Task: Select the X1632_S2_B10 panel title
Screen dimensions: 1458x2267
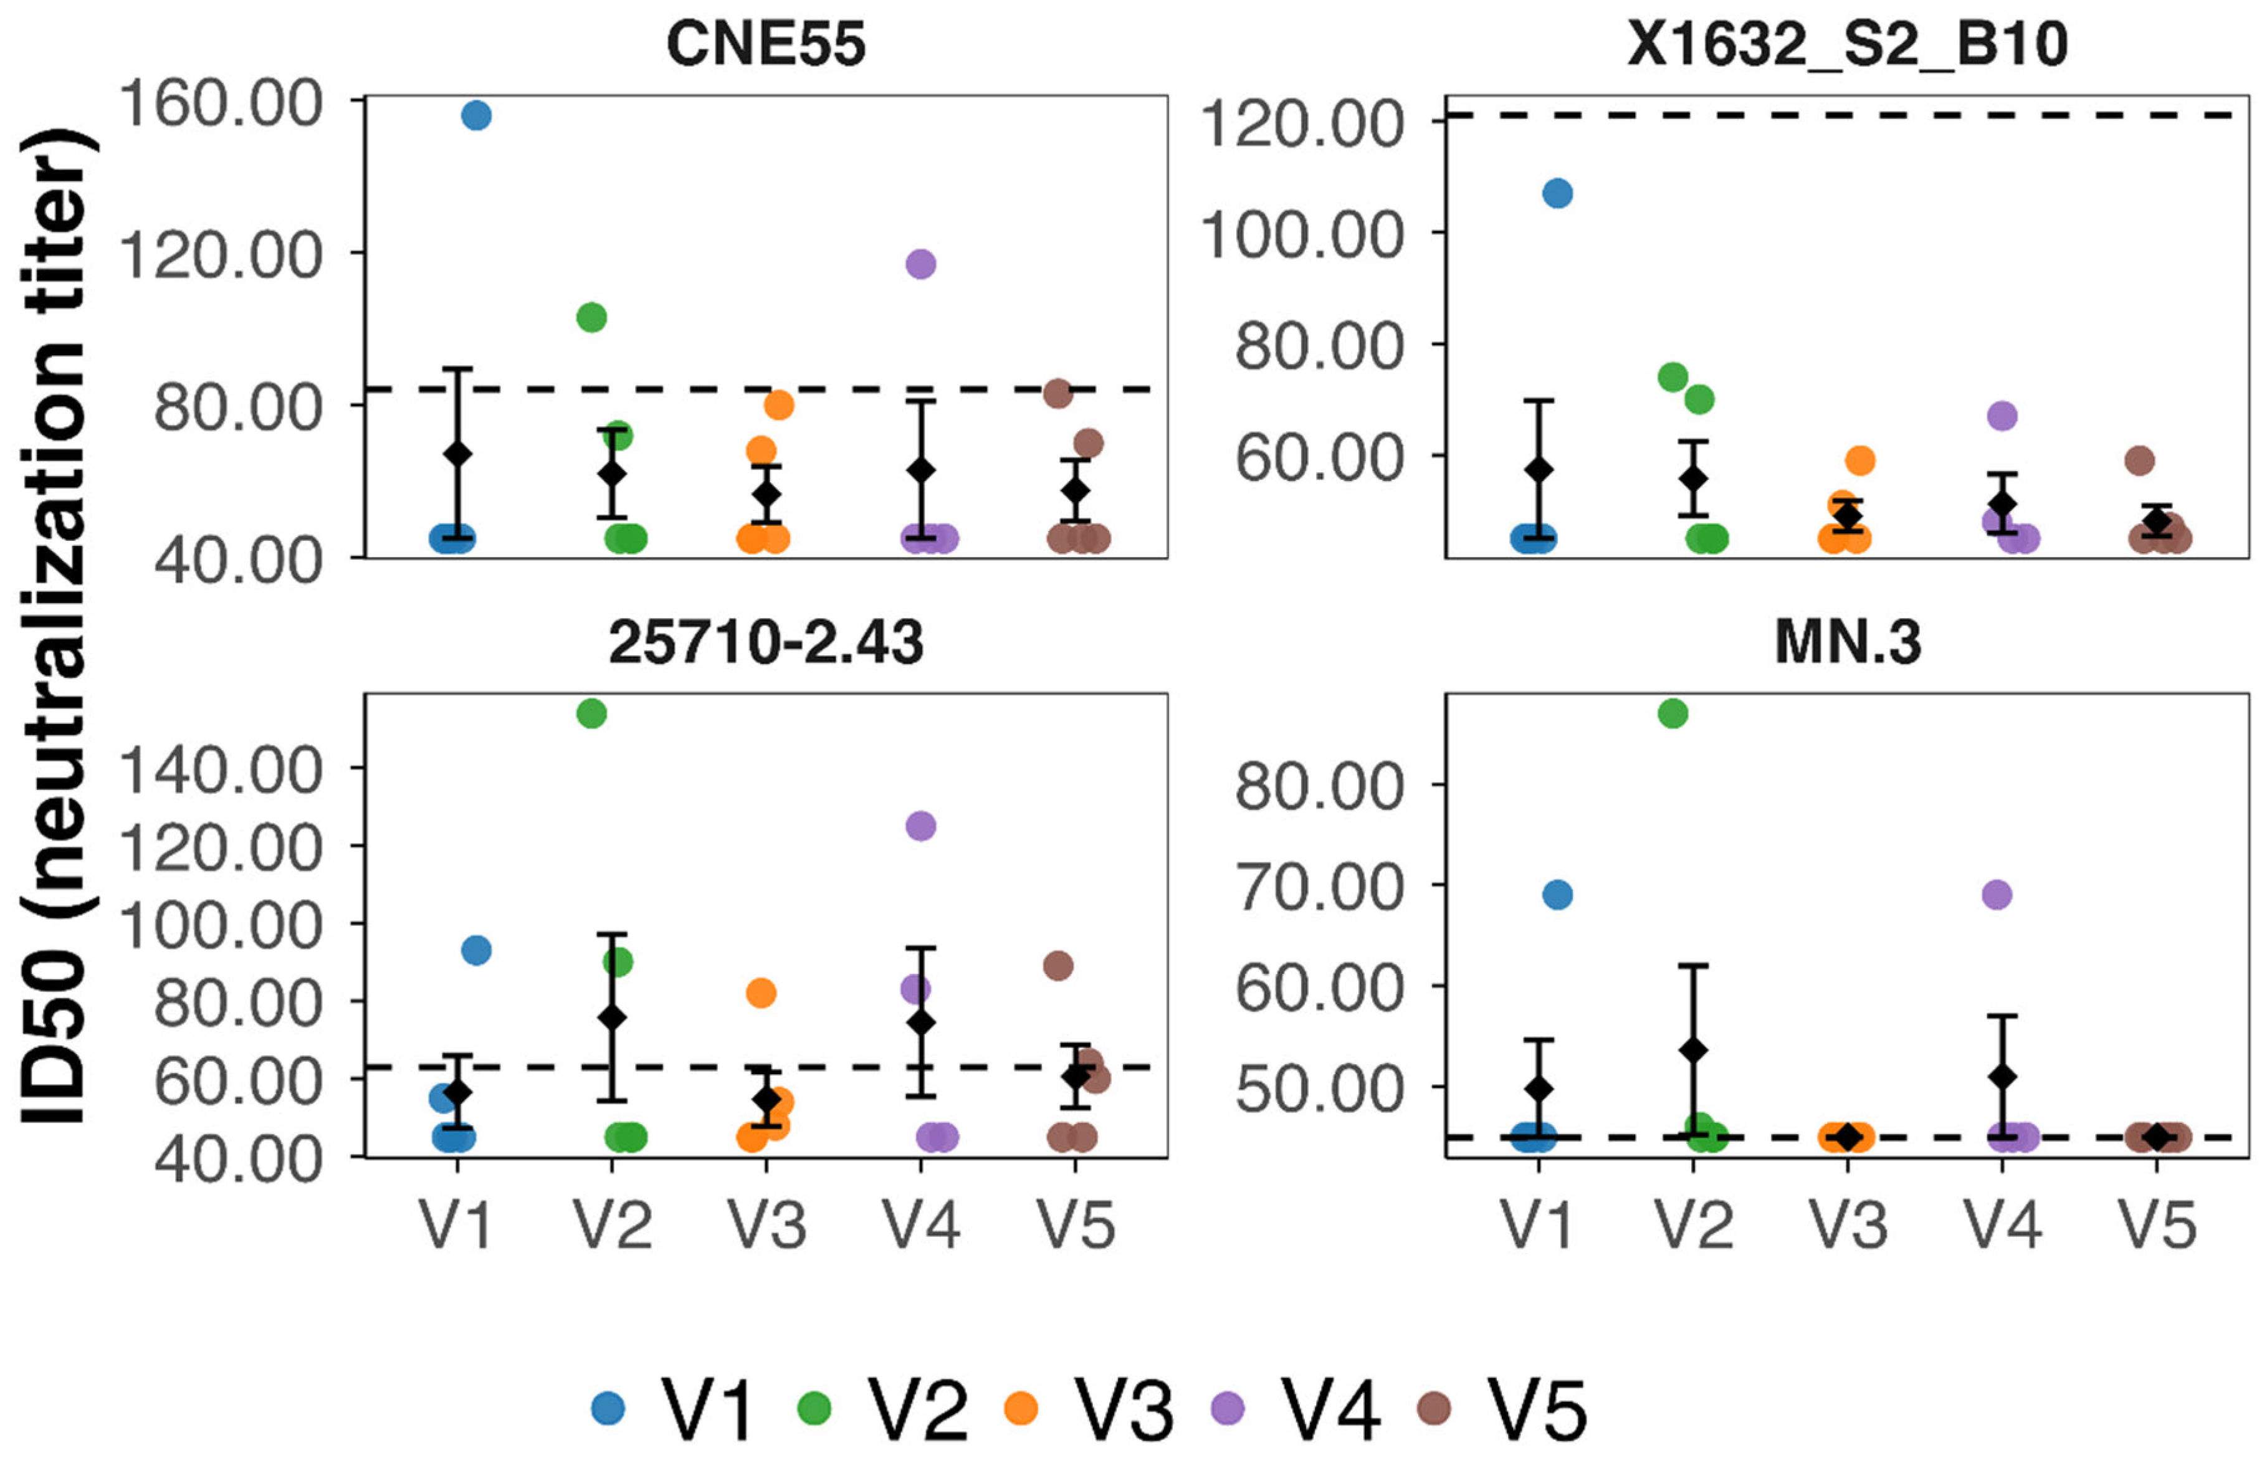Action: pyautogui.click(x=1847, y=44)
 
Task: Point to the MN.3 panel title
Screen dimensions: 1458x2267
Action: pyautogui.click(x=1847, y=643)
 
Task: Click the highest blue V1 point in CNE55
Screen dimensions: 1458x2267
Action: pyautogui.click(x=476, y=115)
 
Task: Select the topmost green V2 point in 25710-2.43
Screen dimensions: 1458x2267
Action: pyautogui.click(x=591, y=714)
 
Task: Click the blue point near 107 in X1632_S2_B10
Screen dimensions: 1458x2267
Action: pyautogui.click(x=1557, y=194)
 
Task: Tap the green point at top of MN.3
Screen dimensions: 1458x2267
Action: pyautogui.click(x=1673, y=714)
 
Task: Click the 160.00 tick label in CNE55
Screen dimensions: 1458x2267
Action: pyautogui.click(x=219, y=103)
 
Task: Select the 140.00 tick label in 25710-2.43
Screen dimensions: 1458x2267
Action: pyautogui.click(x=219, y=771)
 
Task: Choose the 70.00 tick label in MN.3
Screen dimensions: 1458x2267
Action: pyautogui.click(x=1319, y=888)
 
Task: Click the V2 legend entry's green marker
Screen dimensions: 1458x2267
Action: pyautogui.click(x=814, y=1408)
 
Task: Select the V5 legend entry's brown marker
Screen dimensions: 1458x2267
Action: pyautogui.click(x=1434, y=1408)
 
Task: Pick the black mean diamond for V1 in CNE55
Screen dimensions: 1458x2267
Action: pyautogui.click(x=457, y=454)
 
